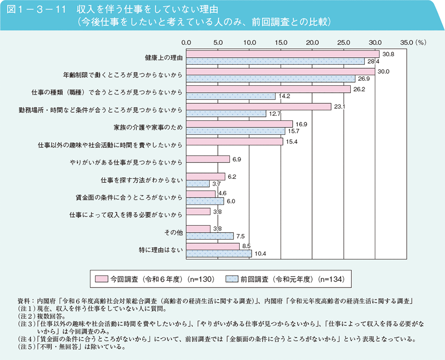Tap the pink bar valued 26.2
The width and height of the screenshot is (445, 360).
(x=268, y=89)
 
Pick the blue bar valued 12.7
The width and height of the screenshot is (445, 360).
(x=226, y=114)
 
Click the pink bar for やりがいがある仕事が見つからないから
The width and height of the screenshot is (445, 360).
(x=208, y=159)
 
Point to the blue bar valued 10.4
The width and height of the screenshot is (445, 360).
(x=219, y=253)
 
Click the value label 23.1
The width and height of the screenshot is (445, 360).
(x=339, y=107)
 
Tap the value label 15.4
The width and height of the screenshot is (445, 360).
(x=291, y=142)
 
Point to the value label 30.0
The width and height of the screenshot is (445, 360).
(x=383, y=72)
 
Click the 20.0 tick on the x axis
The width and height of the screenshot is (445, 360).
(x=313, y=42)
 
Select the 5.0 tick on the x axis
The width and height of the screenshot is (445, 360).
(x=218, y=42)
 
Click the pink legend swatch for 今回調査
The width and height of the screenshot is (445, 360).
(x=101, y=279)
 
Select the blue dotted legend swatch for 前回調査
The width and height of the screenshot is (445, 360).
(x=232, y=279)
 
